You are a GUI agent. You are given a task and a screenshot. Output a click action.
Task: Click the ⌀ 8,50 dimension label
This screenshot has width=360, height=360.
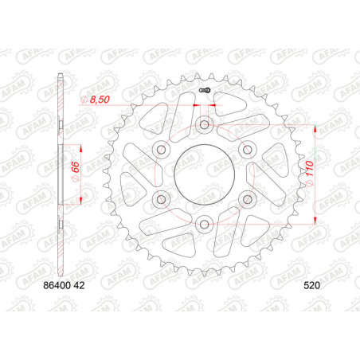[95, 100]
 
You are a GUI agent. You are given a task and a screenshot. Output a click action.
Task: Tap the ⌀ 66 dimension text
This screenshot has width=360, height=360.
[76, 171]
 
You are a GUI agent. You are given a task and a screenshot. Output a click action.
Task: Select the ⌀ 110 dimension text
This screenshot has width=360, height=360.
[310, 173]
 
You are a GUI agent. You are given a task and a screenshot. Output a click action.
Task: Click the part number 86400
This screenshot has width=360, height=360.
[57, 285]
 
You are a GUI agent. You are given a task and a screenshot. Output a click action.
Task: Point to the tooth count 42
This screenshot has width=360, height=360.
[80, 285]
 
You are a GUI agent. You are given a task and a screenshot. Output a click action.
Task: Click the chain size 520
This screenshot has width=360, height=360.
[312, 285]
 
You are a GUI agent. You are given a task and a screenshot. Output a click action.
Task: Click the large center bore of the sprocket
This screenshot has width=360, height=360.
[204, 174]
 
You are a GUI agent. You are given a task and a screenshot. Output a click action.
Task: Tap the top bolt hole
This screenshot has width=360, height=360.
[204, 124]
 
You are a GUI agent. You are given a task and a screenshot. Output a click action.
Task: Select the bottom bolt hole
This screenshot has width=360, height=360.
[204, 225]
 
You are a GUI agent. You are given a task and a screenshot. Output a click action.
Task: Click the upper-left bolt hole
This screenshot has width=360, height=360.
[161, 150]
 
